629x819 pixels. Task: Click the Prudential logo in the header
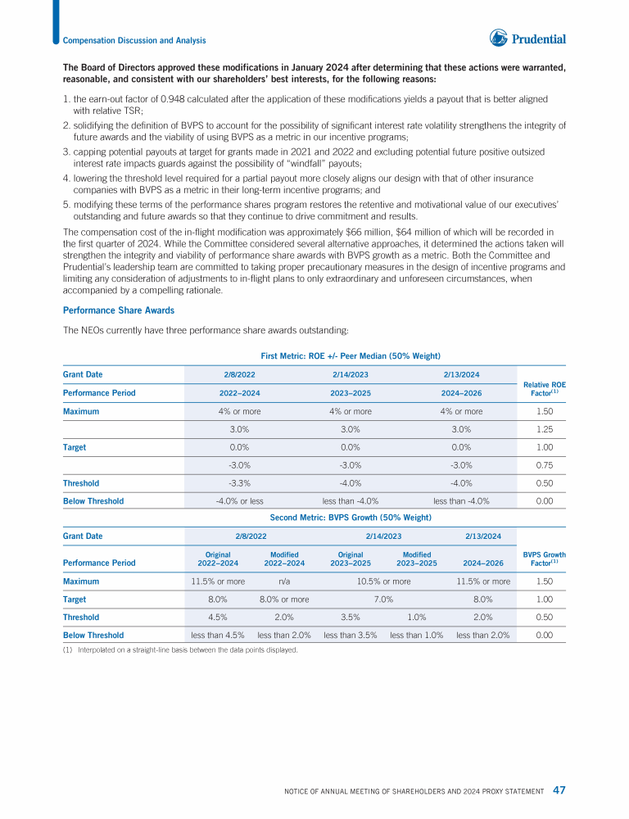click(527, 38)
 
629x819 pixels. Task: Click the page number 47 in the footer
click(559, 790)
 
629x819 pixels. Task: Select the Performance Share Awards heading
click(118, 310)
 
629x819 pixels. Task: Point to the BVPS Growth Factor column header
click(545, 559)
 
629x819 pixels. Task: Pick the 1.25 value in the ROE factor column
click(543, 429)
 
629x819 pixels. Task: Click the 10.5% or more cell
click(384, 581)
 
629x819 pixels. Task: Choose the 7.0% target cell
click(384, 600)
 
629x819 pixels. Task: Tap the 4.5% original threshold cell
click(217, 618)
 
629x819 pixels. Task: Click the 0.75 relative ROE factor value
click(543, 465)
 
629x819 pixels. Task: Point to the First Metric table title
click(351, 355)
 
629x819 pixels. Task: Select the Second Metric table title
click(351, 518)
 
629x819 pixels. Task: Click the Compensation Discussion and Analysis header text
click(134, 40)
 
